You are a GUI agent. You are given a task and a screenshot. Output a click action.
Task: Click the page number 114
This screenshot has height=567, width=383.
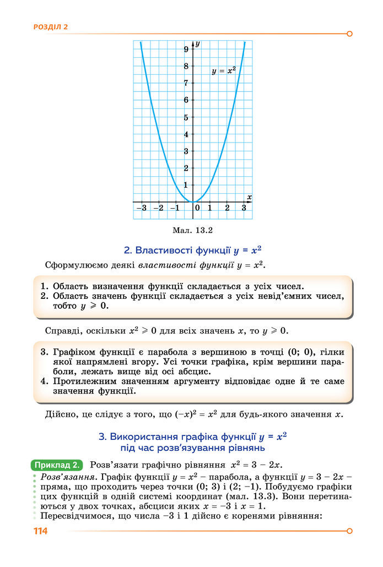(40, 531)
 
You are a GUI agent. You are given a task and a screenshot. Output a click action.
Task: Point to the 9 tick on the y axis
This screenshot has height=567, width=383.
(186, 50)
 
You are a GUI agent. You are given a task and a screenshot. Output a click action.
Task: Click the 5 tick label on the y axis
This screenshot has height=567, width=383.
(186, 117)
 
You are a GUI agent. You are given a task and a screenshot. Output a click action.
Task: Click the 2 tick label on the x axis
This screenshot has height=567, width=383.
(227, 208)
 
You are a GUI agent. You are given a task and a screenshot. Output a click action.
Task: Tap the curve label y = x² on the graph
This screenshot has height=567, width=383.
(224, 71)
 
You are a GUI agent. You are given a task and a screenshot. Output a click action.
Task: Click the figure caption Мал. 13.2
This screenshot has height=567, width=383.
(193, 231)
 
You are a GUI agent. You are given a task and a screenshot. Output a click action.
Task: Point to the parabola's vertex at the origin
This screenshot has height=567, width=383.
(193, 202)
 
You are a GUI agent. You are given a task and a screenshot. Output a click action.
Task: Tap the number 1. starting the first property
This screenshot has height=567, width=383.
(45, 286)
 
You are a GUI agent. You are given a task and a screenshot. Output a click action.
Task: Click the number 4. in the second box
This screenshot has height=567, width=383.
(45, 381)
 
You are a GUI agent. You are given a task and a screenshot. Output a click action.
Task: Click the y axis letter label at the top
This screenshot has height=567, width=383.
(197, 43)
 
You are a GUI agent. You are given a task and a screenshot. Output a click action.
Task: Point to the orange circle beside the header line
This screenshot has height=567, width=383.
(349, 34)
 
